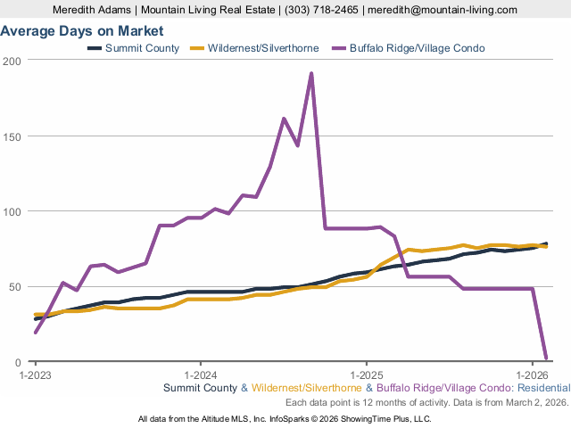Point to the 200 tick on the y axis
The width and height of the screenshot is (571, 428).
coord(13,61)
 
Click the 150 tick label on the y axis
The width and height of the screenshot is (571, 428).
coord(13,136)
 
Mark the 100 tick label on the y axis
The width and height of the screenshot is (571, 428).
coord(13,211)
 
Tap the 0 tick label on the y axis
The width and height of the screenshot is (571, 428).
coord(19,362)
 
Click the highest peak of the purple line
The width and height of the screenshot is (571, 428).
coord(311,73)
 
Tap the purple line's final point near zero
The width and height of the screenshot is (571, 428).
coord(545,358)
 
